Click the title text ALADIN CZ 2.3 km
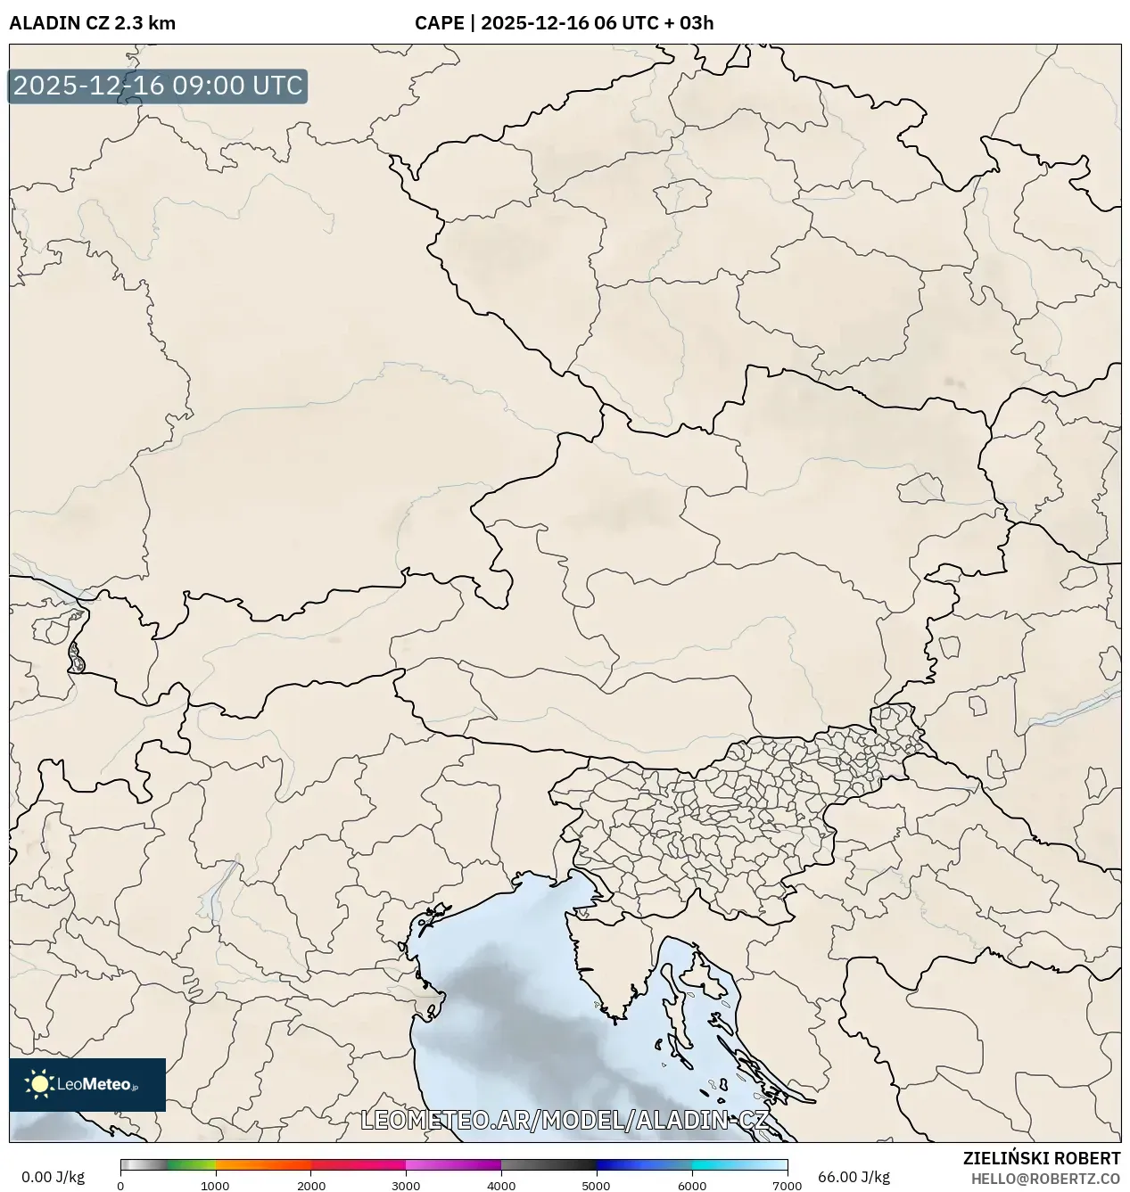click(93, 23)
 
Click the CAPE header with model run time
click(564, 23)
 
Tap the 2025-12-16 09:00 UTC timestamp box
click(158, 86)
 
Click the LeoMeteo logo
click(87, 1084)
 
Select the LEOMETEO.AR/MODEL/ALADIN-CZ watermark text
click(564, 1120)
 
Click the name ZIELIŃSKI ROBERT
click(1041, 1158)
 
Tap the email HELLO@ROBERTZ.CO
click(1045, 1178)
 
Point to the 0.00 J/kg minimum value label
click(54, 1177)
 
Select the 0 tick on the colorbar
click(120, 1186)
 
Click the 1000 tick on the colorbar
click(215, 1186)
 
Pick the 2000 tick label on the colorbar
click(310, 1186)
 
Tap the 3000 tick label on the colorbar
click(406, 1186)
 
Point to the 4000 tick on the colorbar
click(501, 1186)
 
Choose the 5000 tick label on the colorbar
click(596, 1186)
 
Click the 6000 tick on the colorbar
click(691, 1186)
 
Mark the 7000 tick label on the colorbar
click(786, 1186)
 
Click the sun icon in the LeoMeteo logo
click(39, 1084)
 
